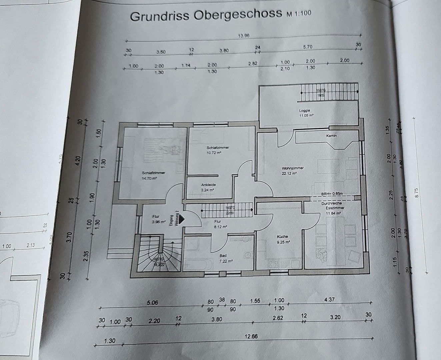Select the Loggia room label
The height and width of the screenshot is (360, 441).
pyautogui.click(x=305, y=110)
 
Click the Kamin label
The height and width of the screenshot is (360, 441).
pyautogui.click(x=331, y=136)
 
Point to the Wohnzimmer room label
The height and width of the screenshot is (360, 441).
pyautogui.click(x=293, y=168)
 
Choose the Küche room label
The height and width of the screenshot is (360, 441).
pyautogui.click(x=282, y=237)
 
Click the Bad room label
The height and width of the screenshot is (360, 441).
pyautogui.click(x=223, y=256)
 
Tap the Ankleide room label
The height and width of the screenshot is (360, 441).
pyautogui.click(x=208, y=185)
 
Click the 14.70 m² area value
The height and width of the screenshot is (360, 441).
pyautogui.click(x=149, y=178)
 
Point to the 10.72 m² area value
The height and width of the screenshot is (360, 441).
pyautogui.click(x=214, y=153)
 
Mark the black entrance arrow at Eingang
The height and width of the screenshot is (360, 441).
pyautogui.click(x=182, y=219)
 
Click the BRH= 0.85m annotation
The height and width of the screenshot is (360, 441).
pyautogui.click(x=332, y=194)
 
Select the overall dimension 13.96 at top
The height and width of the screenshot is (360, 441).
pyautogui.click(x=244, y=36)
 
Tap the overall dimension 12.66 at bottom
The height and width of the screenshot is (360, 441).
pyautogui.click(x=251, y=336)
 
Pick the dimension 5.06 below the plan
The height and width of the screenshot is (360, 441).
pyautogui.click(x=152, y=303)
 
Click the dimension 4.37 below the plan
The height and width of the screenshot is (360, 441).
pyautogui.click(x=329, y=300)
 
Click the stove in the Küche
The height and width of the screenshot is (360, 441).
pyautogui.click(x=274, y=265)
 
